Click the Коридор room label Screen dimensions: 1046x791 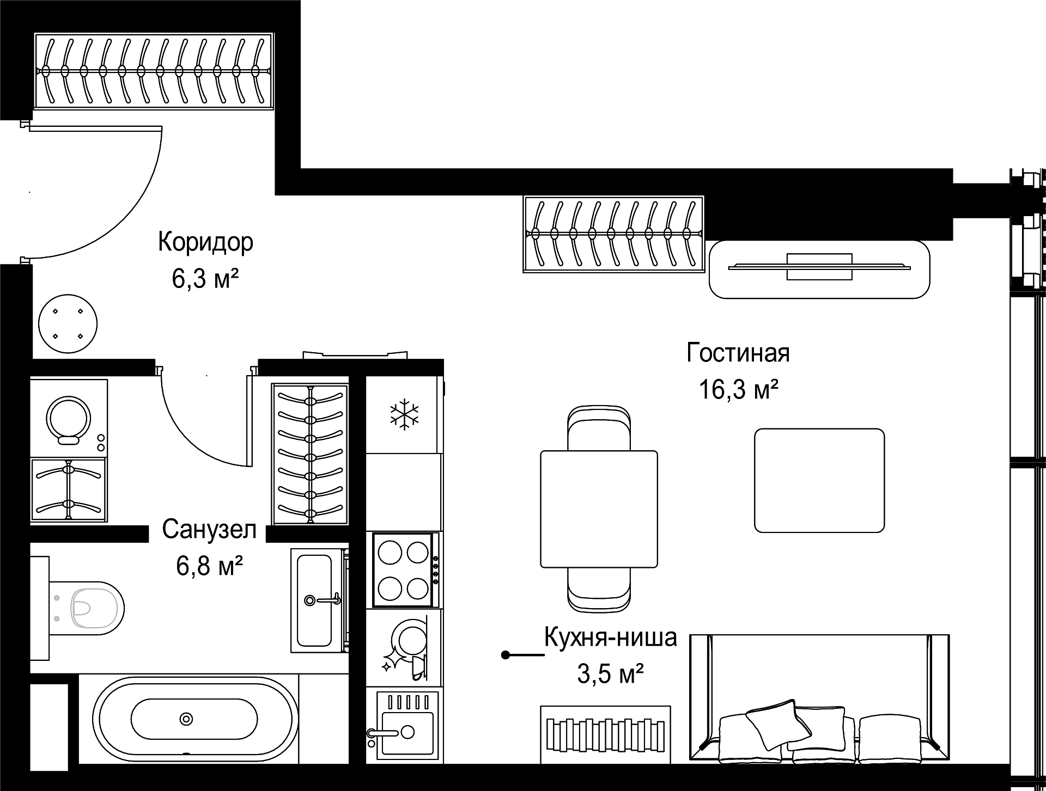coord(206,242)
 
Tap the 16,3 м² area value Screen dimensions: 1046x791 coord(738,390)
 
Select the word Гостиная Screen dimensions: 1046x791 coord(738,353)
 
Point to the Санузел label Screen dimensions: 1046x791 coord(209,530)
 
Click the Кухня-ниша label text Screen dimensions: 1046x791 coord(611,637)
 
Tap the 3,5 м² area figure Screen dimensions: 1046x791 coord(611,675)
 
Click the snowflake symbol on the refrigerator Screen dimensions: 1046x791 coord(404,414)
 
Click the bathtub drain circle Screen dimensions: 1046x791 coord(187,719)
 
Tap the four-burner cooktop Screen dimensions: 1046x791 coord(404,570)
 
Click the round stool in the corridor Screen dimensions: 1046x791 coord(68,325)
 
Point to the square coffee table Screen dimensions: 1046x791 coord(819,480)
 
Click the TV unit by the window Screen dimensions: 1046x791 coord(819,269)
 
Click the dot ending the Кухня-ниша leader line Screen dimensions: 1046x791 coord(506,655)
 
